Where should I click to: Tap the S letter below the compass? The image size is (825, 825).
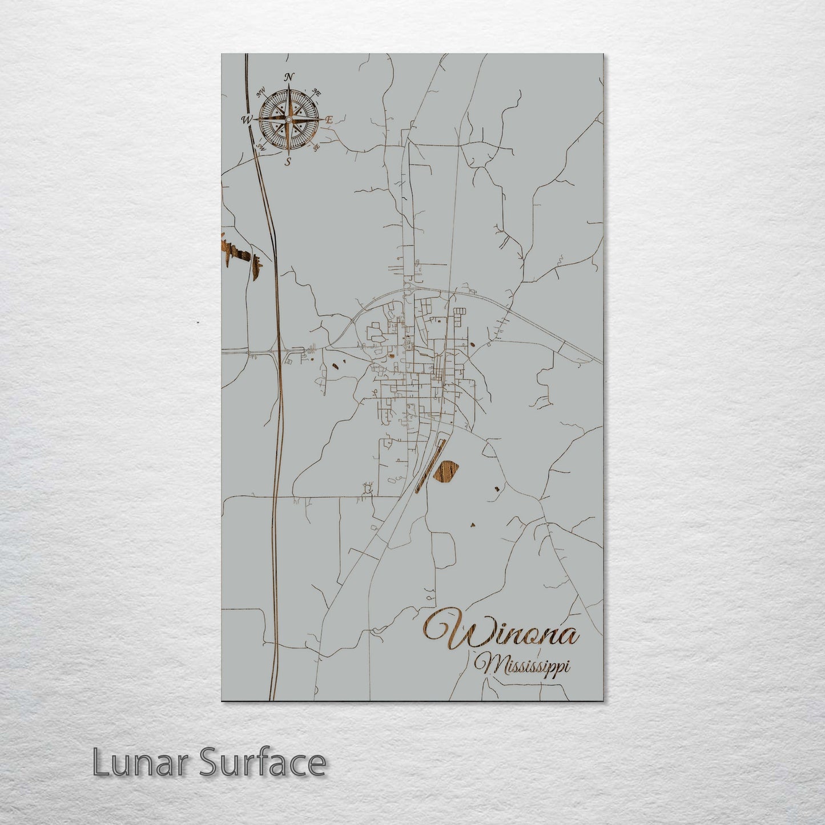tap(288, 162)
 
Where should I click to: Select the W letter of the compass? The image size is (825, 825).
tap(247, 119)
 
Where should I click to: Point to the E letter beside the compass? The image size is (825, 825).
tap(329, 120)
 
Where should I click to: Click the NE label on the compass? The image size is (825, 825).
tap(317, 92)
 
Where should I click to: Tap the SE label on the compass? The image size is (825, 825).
tap(316, 147)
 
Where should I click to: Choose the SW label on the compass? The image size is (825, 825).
tap(261, 147)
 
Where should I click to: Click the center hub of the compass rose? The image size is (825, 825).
tap(288, 119)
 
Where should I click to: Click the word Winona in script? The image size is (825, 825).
tap(501, 631)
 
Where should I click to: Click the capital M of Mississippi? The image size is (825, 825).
tap(490, 666)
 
